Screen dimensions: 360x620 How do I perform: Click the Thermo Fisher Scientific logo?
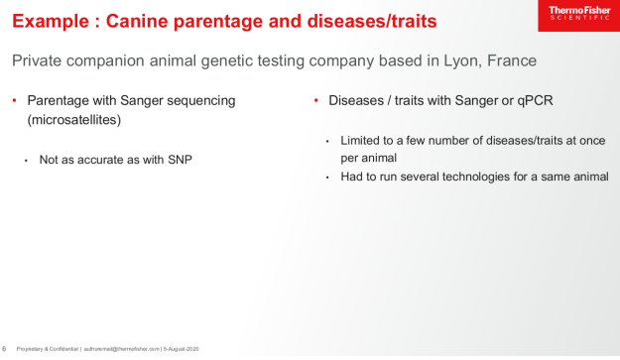click(577, 16)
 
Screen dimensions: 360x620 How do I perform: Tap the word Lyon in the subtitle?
click(464, 60)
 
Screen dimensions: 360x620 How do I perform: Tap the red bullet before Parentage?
click(14, 101)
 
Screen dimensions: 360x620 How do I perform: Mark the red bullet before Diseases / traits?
click(315, 101)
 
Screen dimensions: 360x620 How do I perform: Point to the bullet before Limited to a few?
click(328, 141)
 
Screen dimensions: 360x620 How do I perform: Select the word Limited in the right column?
click(360, 140)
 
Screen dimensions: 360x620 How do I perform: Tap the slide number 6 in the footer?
click(5, 349)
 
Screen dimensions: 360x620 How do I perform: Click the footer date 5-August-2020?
click(181, 349)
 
